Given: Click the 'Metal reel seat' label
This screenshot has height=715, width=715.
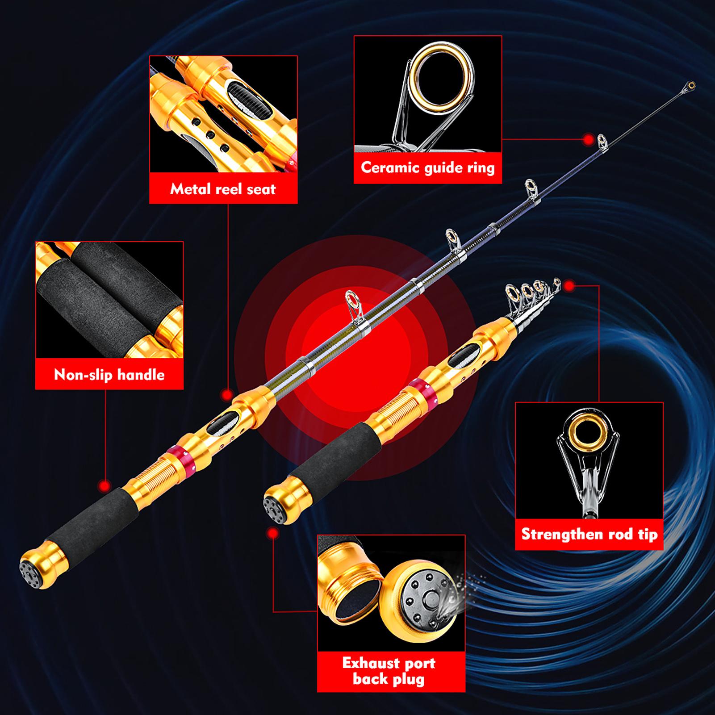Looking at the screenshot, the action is tap(223, 189).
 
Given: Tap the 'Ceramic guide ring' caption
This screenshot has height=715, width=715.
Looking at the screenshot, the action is tap(428, 168).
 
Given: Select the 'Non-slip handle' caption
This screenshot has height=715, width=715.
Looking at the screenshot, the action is tap(109, 374).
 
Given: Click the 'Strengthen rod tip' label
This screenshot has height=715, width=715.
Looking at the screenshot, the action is tap(590, 534).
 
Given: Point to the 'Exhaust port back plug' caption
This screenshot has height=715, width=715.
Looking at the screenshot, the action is tap(389, 671).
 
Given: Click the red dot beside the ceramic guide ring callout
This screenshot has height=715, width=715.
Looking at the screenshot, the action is tap(588, 139).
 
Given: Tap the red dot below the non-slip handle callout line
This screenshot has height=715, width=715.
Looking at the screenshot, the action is tap(105, 485).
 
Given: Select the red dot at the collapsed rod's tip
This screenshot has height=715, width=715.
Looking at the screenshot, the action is tap(569, 285).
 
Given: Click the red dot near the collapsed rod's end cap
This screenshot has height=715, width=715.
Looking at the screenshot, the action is tap(272, 533).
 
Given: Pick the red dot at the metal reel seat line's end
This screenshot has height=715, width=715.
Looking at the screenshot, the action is tap(227, 394).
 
